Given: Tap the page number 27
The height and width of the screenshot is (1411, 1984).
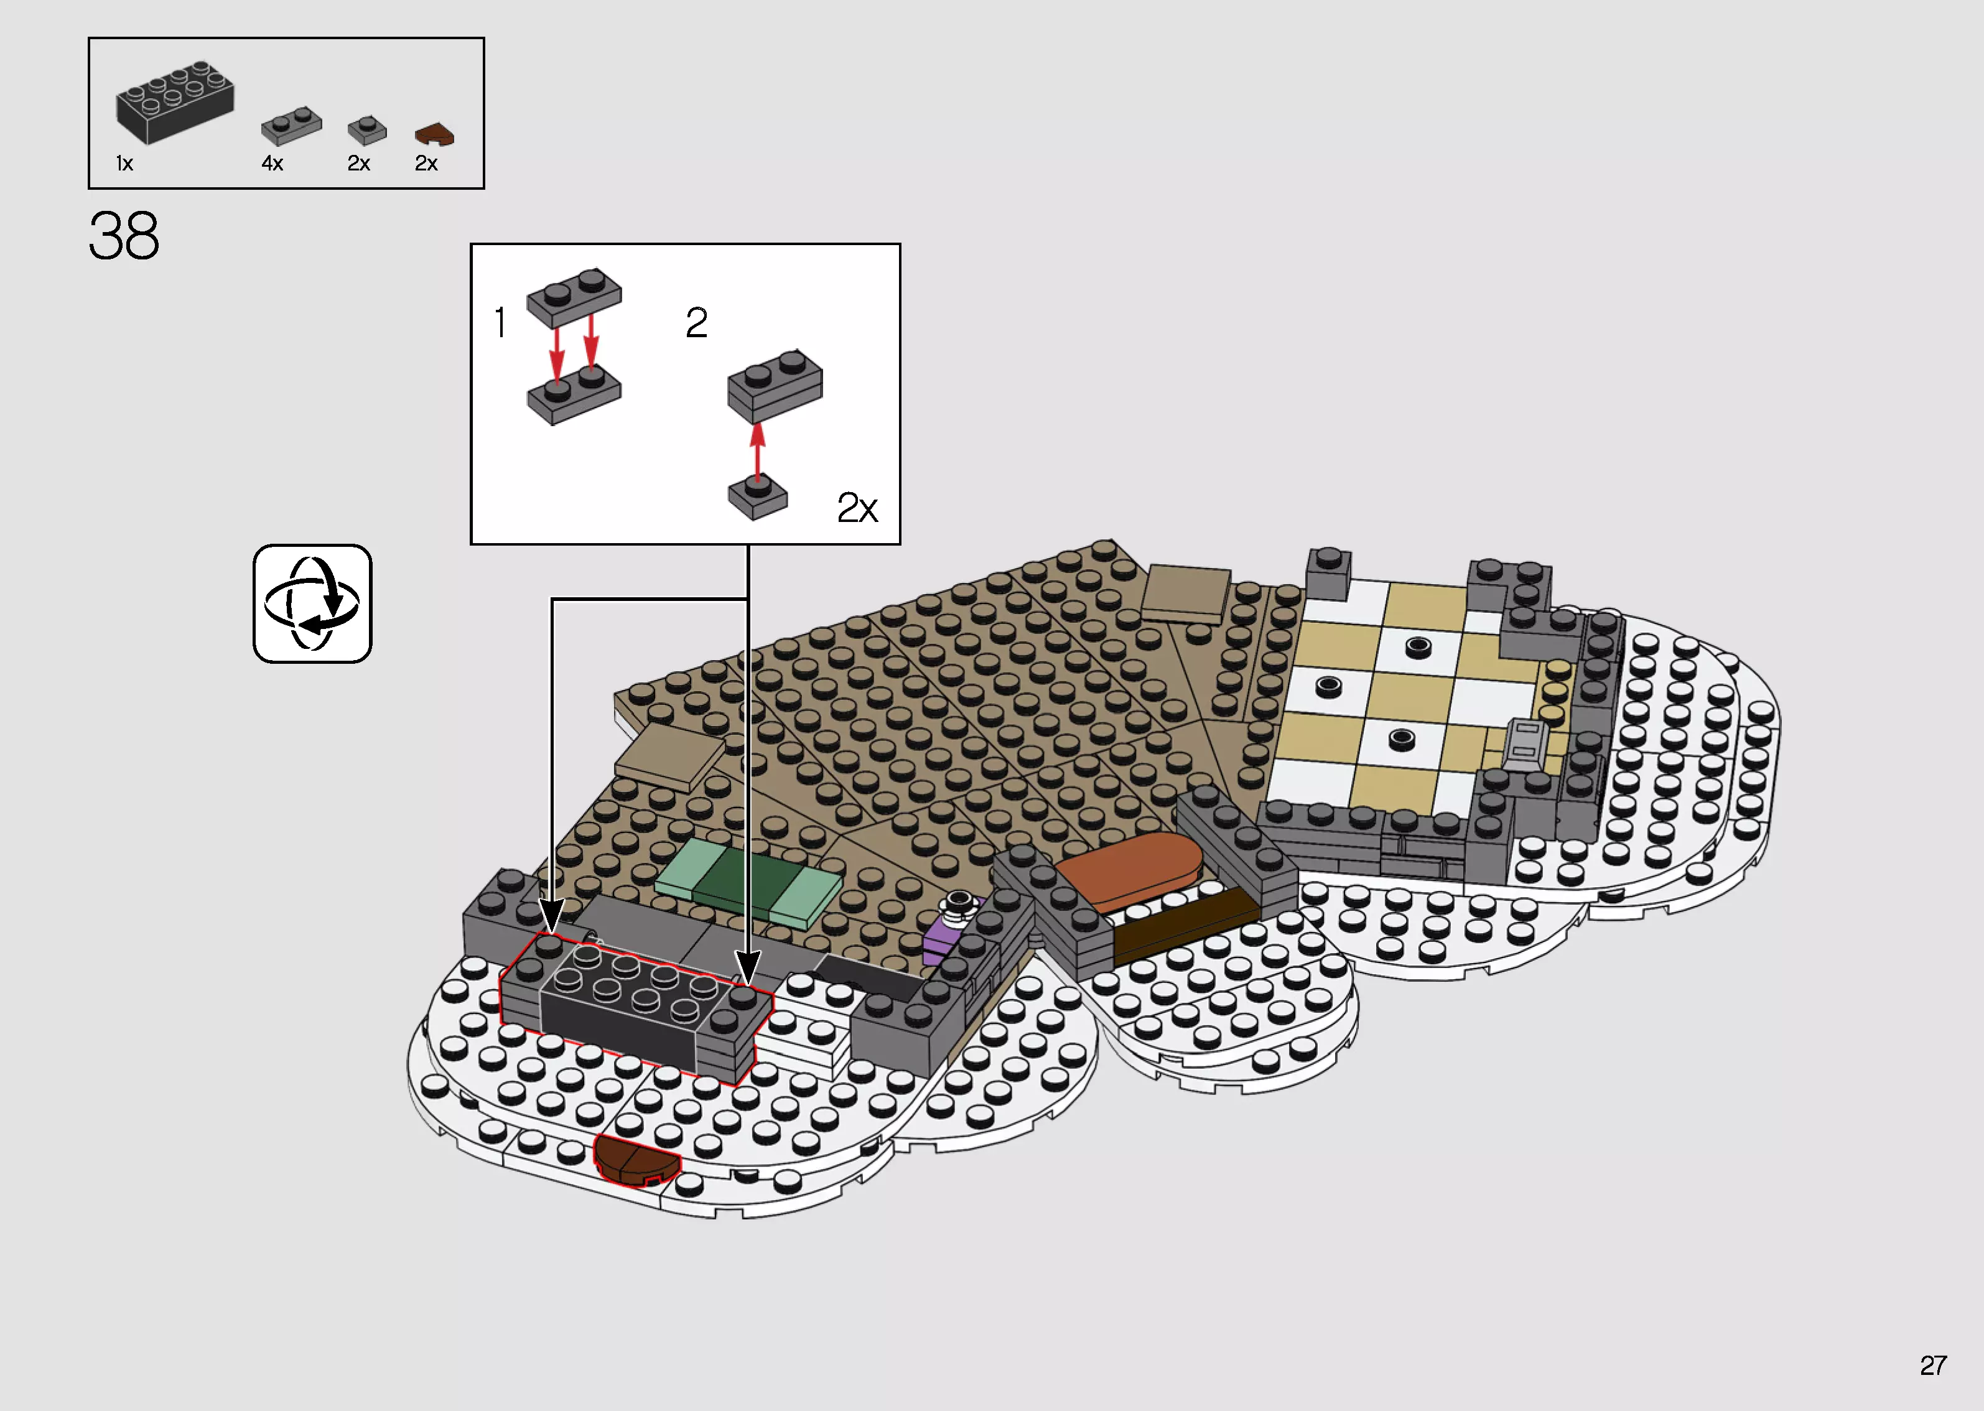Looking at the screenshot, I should (x=1933, y=1365).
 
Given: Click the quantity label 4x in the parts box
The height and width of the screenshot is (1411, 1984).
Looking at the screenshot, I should (x=272, y=164).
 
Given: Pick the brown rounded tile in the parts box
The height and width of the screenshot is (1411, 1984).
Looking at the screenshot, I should (x=434, y=134).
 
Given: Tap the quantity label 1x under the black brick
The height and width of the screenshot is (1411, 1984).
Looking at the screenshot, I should (x=124, y=164).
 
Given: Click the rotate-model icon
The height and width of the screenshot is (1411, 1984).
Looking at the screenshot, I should (x=312, y=604).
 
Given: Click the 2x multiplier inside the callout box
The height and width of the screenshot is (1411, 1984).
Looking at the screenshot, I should (x=857, y=508).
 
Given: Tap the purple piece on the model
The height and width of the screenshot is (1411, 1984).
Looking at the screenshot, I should (x=943, y=938).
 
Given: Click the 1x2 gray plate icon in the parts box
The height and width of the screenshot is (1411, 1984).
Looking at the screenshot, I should (x=292, y=126).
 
